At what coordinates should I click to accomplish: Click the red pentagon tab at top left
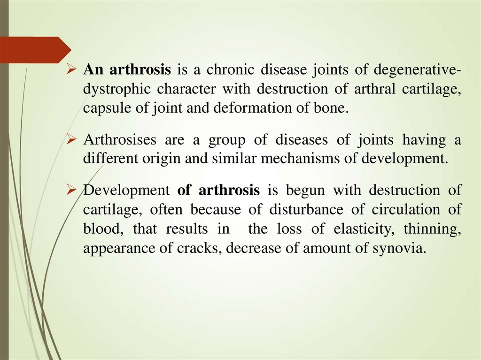(33, 50)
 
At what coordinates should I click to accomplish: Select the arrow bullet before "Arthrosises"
(71, 140)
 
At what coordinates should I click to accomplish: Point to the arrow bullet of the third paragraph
(71, 191)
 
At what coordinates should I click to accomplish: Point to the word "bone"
(334, 108)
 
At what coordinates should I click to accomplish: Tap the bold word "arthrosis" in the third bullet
(229, 191)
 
